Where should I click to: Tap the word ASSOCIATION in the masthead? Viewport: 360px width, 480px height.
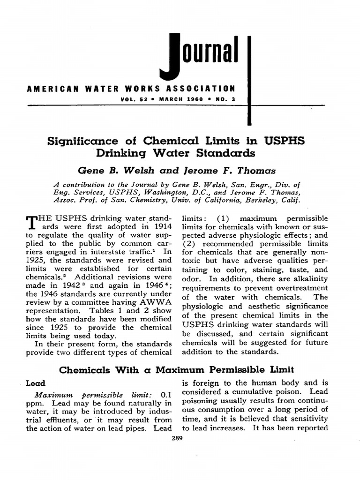point(202,88)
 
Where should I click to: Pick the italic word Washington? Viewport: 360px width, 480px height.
point(159,193)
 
